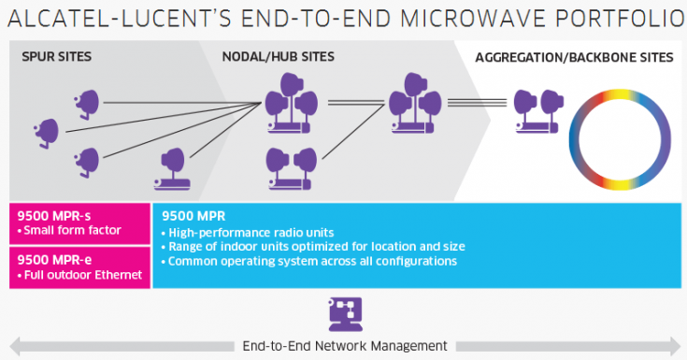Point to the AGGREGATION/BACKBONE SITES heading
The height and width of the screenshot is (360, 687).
pos(574,58)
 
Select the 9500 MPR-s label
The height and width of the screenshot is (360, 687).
pos(52,216)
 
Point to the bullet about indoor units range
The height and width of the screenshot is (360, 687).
pos(313,247)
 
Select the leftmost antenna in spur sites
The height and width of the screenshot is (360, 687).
pos(45,131)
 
